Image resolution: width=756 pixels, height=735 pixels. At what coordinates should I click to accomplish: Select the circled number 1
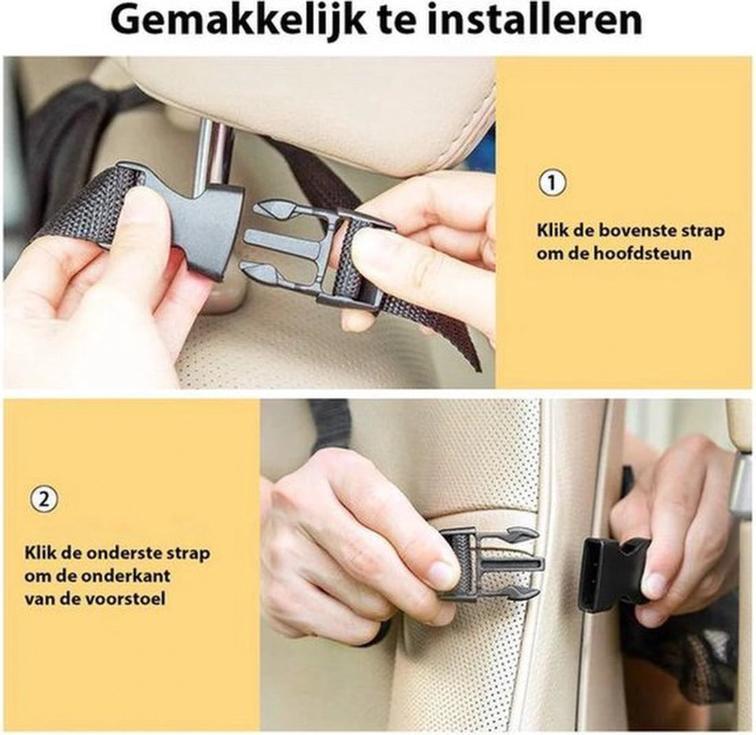552,183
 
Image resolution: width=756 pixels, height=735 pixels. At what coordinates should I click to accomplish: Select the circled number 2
44,499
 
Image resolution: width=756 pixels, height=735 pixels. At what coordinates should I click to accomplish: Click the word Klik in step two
38,553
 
